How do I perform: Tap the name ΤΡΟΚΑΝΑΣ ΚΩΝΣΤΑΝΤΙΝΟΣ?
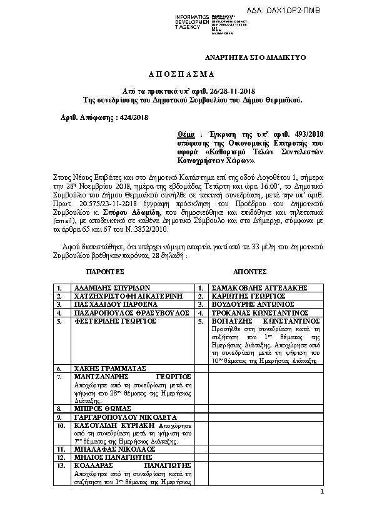pos(256,312)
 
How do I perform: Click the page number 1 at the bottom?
pos(321,494)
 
